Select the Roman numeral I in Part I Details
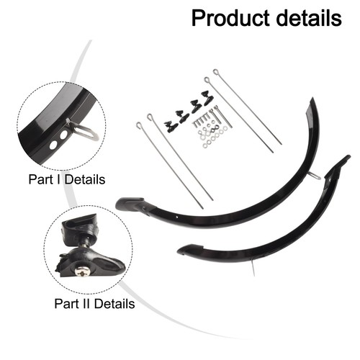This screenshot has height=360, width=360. pyautogui.click(x=59, y=179)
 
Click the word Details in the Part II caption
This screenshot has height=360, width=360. pyautogui.click(x=114, y=303)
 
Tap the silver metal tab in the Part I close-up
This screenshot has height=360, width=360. pyautogui.click(x=84, y=130)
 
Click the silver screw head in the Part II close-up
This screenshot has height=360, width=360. pyautogui.click(x=82, y=271)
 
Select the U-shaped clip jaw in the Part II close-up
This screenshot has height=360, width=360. pyautogui.click(x=78, y=228)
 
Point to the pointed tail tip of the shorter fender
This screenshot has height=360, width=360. pyautogui.click(x=348, y=157)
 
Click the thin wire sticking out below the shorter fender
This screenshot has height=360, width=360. pyautogui.click(x=253, y=268)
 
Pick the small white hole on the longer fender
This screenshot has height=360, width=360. pyautogui.click(x=177, y=217)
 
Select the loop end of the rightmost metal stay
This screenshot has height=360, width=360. pyautogui.click(x=216, y=72)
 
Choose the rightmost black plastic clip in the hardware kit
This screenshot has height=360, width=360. pyautogui.click(x=208, y=97)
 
